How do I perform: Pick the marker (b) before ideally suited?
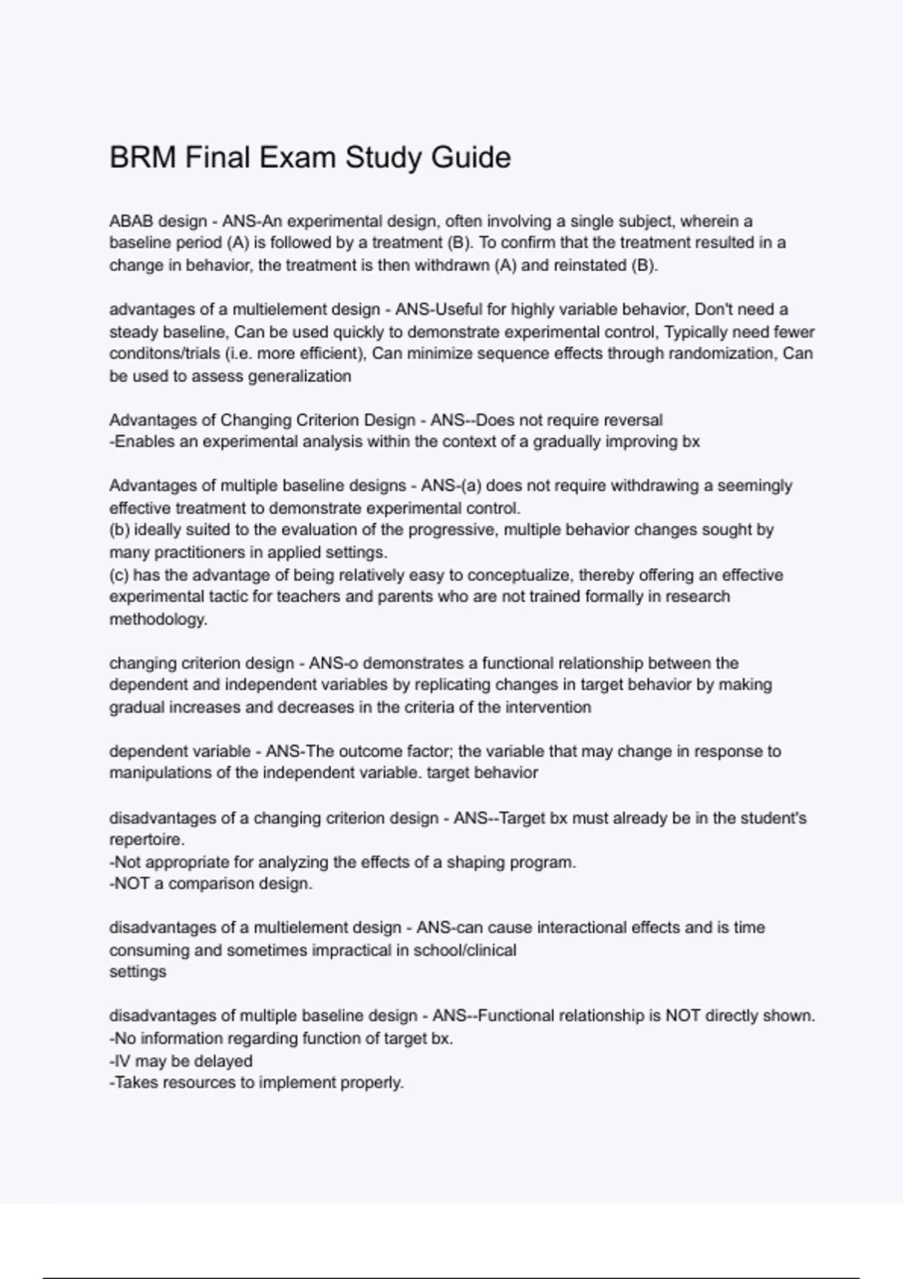pos(120,530)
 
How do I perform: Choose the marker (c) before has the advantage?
pos(119,575)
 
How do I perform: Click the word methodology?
pos(157,619)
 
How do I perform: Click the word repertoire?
pos(146,840)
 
